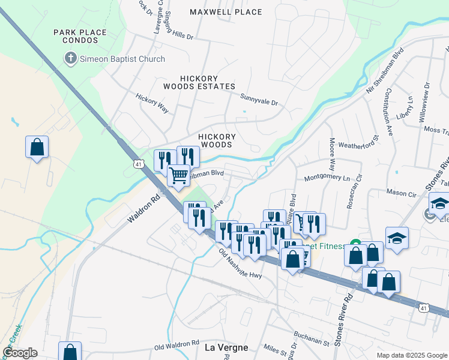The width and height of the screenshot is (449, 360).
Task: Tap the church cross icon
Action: pos(70,59)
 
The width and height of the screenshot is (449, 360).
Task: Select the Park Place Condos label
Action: pos(80,36)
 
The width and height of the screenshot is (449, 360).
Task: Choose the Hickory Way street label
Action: pos(152,103)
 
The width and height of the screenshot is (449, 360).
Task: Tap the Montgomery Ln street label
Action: pos(327,178)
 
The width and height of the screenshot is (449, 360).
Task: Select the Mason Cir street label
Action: pos(402,194)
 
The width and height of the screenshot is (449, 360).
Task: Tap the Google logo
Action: pos(20,353)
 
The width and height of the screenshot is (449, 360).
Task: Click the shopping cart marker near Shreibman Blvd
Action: pos(179,176)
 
